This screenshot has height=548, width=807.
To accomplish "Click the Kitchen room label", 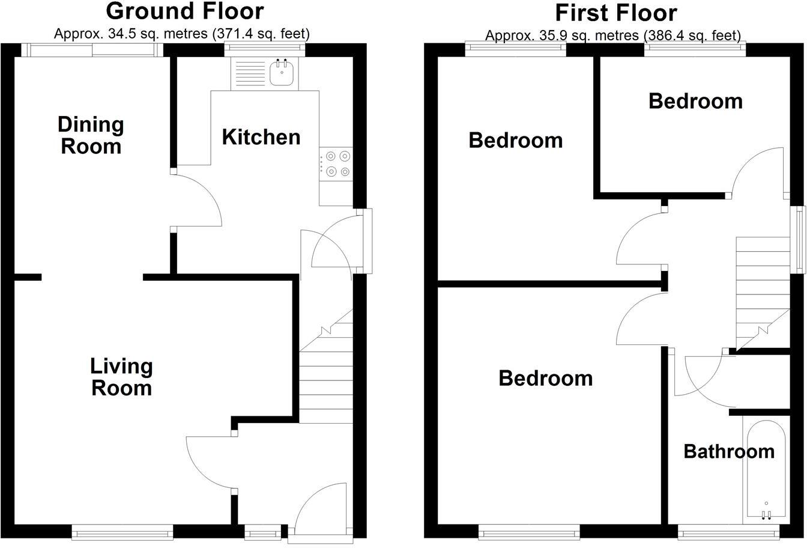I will [261, 137].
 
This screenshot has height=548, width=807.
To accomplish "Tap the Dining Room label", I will [91, 135].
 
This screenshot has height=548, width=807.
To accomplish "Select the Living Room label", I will [121, 377].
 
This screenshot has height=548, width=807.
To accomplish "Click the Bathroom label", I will [729, 451].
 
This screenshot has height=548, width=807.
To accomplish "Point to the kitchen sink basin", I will [282, 75].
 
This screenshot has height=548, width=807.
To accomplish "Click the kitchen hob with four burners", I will [336, 163].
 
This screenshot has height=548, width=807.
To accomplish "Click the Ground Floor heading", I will [185, 11].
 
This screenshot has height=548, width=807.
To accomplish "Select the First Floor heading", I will [615, 12].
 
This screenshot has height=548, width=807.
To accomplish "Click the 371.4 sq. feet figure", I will [261, 34].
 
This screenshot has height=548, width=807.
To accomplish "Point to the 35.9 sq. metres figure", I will [543, 36].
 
